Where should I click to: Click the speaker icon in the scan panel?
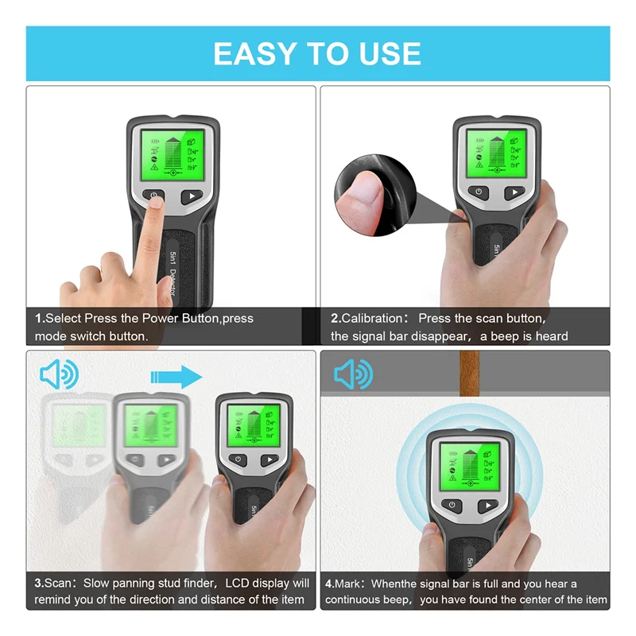click(x=59, y=374)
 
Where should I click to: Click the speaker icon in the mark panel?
click(x=353, y=374)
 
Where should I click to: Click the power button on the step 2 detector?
click(x=479, y=192)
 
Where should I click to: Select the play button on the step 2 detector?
click(x=514, y=192)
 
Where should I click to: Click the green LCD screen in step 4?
click(x=470, y=467)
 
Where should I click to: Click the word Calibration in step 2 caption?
click(x=374, y=318)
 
